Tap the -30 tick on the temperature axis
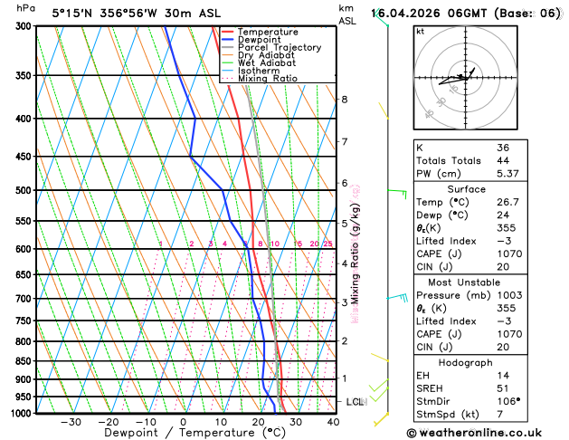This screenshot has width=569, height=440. click(x=71, y=422)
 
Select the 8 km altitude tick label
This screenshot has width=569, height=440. click(x=344, y=99)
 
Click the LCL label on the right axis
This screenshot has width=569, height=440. click(x=355, y=401)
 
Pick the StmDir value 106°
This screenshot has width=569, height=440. click(x=508, y=402)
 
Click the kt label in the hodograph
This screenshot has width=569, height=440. click(x=420, y=31)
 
